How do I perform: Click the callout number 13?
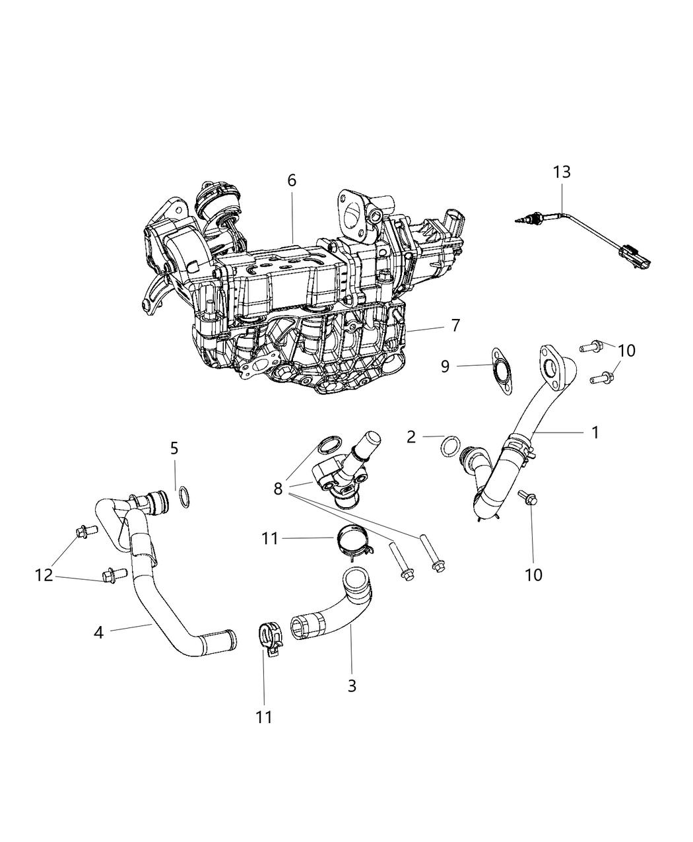tap(562, 172)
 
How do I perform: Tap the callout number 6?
tap(292, 181)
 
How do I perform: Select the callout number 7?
tap(455, 326)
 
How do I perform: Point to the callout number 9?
tap(445, 366)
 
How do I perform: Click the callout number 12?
tap(44, 575)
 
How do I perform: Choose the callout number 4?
tap(98, 632)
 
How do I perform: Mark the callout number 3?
tap(352, 685)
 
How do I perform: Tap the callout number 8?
tap(278, 489)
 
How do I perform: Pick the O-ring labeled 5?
tap(185, 498)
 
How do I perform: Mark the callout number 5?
tap(174, 449)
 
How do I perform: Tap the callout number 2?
tap(411, 437)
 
